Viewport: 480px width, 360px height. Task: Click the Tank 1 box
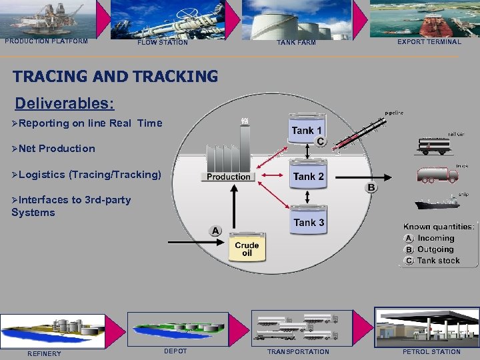click(x=307, y=131)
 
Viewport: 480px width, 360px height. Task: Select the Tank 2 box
click(x=308, y=177)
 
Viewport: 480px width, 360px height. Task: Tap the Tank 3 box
click(x=308, y=223)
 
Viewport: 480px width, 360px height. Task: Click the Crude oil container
click(x=247, y=249)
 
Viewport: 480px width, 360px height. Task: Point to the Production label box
click(x=228, y=177)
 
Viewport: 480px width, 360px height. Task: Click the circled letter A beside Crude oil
click(x=215, y=231)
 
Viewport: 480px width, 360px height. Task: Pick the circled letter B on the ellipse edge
click(x=371, y=187)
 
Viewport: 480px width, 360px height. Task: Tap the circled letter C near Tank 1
click(x=321, y=141)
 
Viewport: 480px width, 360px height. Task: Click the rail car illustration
click(x=437, y=146)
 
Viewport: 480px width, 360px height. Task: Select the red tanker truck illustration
click(x=437, y=175)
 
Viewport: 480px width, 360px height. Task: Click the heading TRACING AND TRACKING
click(x=115, y=77)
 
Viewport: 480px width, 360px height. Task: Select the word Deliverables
click(x=64, y=104)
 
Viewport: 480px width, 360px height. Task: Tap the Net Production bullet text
click(x=57, y=149)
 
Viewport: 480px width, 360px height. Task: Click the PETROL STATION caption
click(x=431, y=351)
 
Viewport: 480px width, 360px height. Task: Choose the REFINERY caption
click(x=44, y=353)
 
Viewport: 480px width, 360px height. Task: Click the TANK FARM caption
click(x=296, y=43)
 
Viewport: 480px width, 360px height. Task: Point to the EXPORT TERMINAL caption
click(x=429, y=42)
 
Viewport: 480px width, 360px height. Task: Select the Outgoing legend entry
click(x=435, y=249)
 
